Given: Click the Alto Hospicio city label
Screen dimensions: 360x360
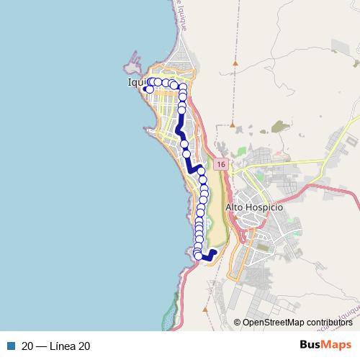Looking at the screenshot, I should tap(255, 207).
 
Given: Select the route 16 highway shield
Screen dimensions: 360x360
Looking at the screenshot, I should tap(220, 165).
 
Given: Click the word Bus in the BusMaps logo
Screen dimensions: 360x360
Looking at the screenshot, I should tap(310, 346).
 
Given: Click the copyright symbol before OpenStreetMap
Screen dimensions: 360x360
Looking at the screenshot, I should tap(238, 322).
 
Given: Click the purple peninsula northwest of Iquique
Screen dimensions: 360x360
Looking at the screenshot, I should tap(133, 64).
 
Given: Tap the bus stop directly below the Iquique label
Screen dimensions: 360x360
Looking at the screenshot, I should tap(150, 90).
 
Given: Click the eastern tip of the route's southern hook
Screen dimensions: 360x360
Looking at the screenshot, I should tap(215, 251).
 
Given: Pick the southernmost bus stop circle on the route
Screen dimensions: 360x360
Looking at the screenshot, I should tap(199, 256).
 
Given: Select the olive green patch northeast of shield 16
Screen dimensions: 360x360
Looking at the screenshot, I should tap(277, 127).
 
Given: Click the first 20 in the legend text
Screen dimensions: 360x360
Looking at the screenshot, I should tap(27, 346).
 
